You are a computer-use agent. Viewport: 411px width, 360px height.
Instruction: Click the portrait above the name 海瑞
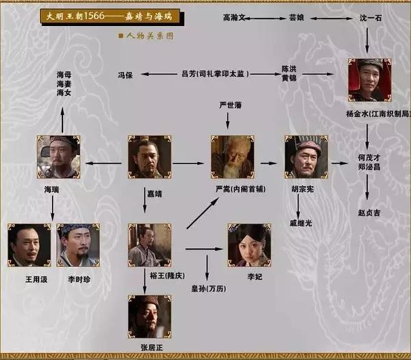[58, 157]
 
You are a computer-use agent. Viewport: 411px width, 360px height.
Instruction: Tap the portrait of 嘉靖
[149, 157]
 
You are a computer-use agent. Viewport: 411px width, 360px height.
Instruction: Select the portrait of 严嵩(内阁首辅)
[232, 157]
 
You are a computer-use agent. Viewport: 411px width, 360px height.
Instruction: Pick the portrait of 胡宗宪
[306, 157]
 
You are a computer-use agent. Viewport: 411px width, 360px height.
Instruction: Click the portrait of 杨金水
[369, 80]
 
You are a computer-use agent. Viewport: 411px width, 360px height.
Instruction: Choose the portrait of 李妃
[249, 244]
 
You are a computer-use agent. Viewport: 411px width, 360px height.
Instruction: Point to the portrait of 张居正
[149, 316]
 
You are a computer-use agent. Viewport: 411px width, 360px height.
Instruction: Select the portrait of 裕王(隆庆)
[149, 244]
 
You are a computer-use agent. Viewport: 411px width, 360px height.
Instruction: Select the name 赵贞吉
[369, 213]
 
